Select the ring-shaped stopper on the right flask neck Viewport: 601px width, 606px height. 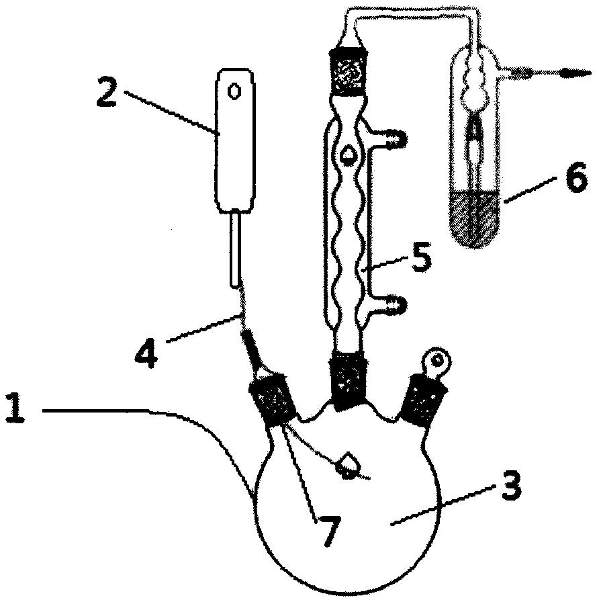pos(437,360)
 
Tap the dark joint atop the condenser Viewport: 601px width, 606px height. pos(349,72)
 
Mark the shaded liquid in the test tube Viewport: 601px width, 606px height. pos(475,219)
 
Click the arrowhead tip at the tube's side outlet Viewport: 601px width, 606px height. pos(591,72)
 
